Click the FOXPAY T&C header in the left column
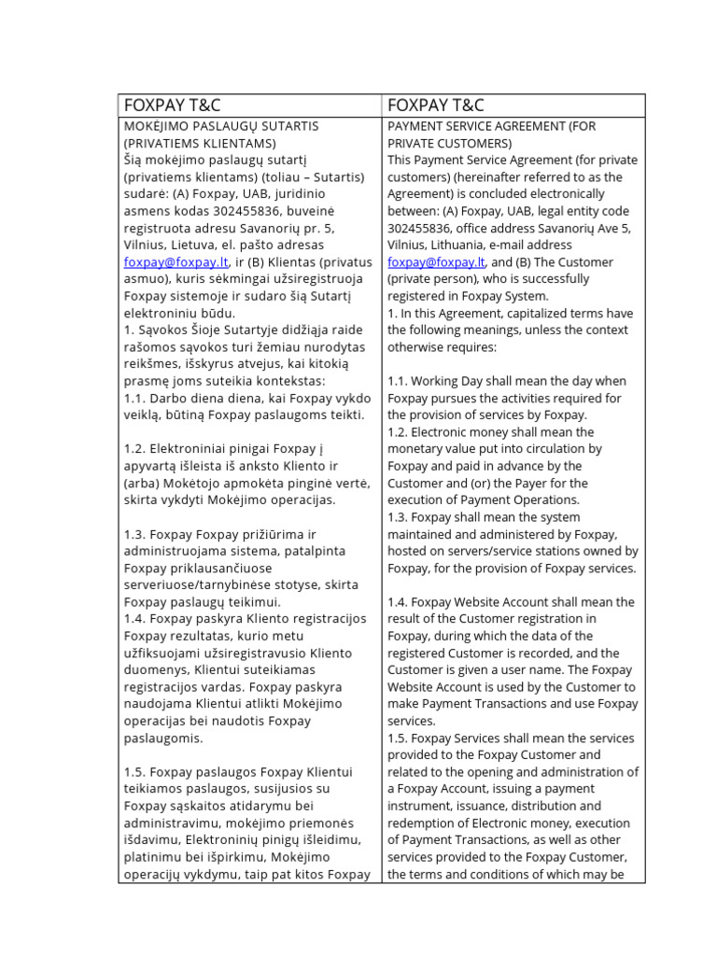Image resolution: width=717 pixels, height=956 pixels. [173, 105]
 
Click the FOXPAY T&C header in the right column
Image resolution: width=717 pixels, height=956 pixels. [436, 105]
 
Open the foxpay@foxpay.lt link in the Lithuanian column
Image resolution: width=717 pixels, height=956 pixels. [176, 262]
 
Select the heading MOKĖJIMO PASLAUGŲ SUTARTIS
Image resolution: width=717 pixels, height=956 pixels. [221, 126]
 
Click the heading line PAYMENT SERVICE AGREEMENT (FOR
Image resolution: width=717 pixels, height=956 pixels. [492, 126]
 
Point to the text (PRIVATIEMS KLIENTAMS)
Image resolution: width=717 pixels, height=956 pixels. [199, 143]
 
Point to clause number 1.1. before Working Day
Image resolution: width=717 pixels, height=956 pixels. [397, 381]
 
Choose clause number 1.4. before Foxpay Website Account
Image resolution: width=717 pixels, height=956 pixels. [397, 602]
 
